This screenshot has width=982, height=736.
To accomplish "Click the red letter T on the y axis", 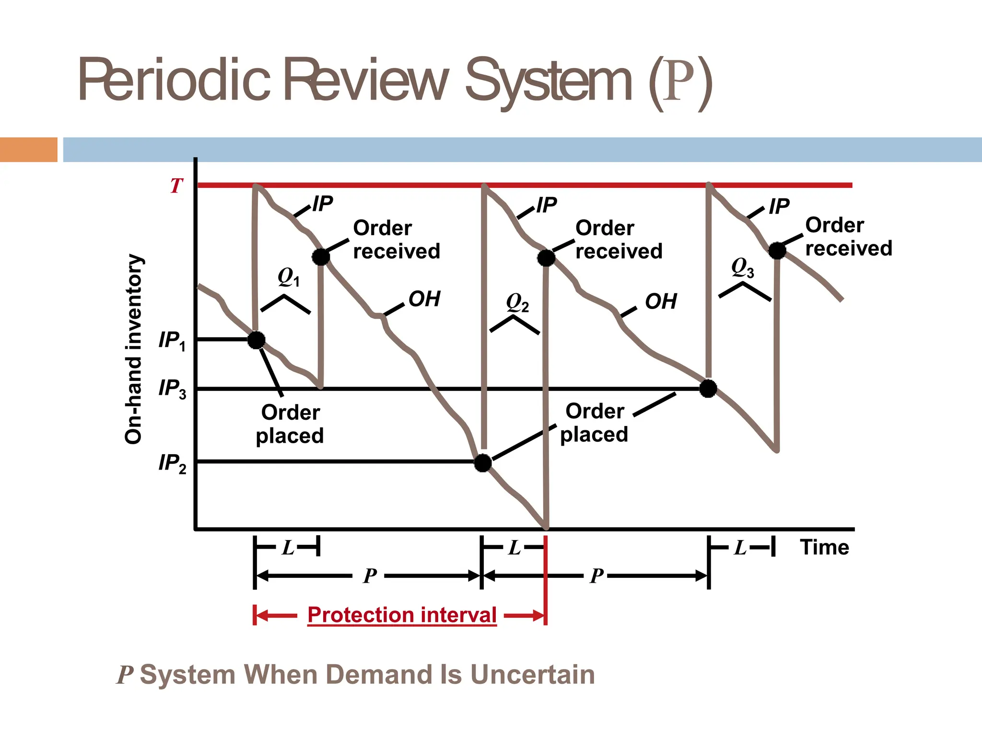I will pyautogui.click(x=176, y=186).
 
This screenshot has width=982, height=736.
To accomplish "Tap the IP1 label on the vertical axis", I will pyautogui.click(x=172, y=341).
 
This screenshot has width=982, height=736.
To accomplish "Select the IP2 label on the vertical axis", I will pyautogui.click(x=172, y=463).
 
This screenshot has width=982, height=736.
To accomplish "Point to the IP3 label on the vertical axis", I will pyautogui.click(x=172, y=389).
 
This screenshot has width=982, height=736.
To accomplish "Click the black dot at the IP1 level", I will pyautogui.click(x=256, y=340).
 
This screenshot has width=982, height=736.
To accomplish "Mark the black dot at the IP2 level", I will pyautogui.click(x=483, y=463).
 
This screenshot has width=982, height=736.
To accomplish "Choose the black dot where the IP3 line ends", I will pyautogui.click(x=708, y=389).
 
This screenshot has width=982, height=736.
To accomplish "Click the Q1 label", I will pyautogui.click(x=288, y=277).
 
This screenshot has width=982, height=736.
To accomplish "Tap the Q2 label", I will pyautogui.click(x=517, y=303).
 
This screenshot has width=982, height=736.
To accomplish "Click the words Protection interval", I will pyautogui.click(x=402, y=615).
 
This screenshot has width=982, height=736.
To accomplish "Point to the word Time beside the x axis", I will pyautogui.click(x=824, y=547).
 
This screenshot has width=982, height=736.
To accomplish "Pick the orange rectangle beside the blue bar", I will pyautogui.click(x=28, y=149).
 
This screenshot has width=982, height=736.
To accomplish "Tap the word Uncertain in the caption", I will pyautogui.click(x=532, y=675).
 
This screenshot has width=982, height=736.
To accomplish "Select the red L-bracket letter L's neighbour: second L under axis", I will pyautogui.click(x=514, y=547).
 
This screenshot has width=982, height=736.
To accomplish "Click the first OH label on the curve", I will pyautogui.click(x=424, y=299).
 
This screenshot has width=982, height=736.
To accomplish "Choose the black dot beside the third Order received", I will pyautogui.click(x=777, y=250).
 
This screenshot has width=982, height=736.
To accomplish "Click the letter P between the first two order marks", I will pyautogui.click(x=370, y=575).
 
